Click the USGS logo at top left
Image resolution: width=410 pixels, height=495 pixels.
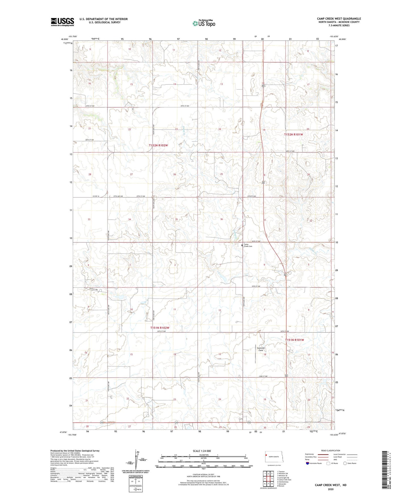pos(62,22)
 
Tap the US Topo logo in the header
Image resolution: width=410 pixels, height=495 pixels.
pos(204,23)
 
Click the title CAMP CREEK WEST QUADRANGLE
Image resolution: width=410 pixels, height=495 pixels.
pos(339,19)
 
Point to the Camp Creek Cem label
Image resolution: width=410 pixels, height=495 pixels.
pos(248,245)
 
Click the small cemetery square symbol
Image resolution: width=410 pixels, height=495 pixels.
pos(242,245)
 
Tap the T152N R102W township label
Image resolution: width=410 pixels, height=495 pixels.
pos(158,145)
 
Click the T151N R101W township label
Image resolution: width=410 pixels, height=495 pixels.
pos(294,340)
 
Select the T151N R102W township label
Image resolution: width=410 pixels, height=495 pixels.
pos(159,328)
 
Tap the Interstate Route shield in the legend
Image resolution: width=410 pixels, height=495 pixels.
pos(308,463)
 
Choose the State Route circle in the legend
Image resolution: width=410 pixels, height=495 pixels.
pos(345,463)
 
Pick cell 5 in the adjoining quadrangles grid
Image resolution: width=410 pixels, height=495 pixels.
pos(272,478)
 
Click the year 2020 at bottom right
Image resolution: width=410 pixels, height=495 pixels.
pos(330,489)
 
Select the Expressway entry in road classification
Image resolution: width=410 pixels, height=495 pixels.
pos(310,454)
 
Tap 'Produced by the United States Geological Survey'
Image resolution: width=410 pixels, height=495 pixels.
pos(75,450)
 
